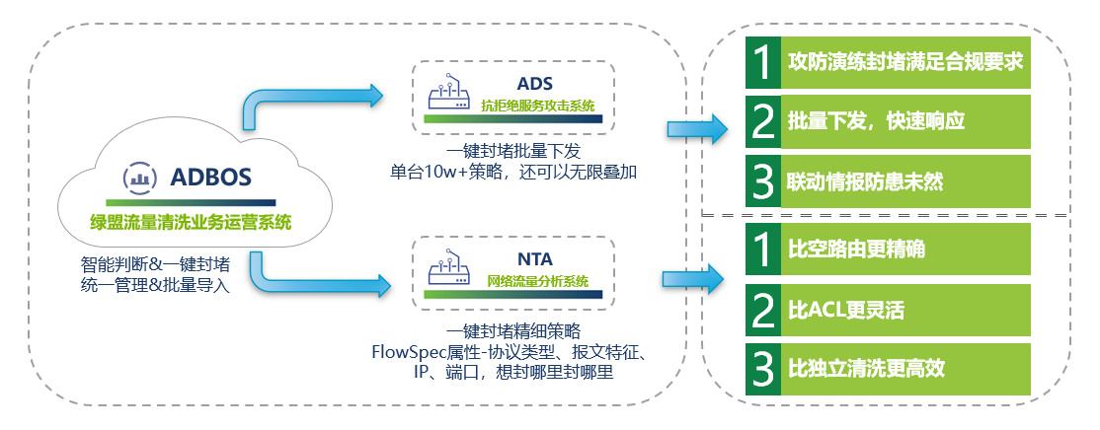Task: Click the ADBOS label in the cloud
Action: (211, 178)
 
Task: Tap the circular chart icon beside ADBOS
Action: (138, 178)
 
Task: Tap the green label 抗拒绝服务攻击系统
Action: (536, 104)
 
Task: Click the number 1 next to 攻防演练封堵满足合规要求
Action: (761, 61)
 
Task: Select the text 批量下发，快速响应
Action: (875, 121)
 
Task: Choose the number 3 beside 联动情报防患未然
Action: (761, 181)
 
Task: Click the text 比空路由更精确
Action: (855, 250)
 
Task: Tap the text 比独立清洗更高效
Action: (865, 370)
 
